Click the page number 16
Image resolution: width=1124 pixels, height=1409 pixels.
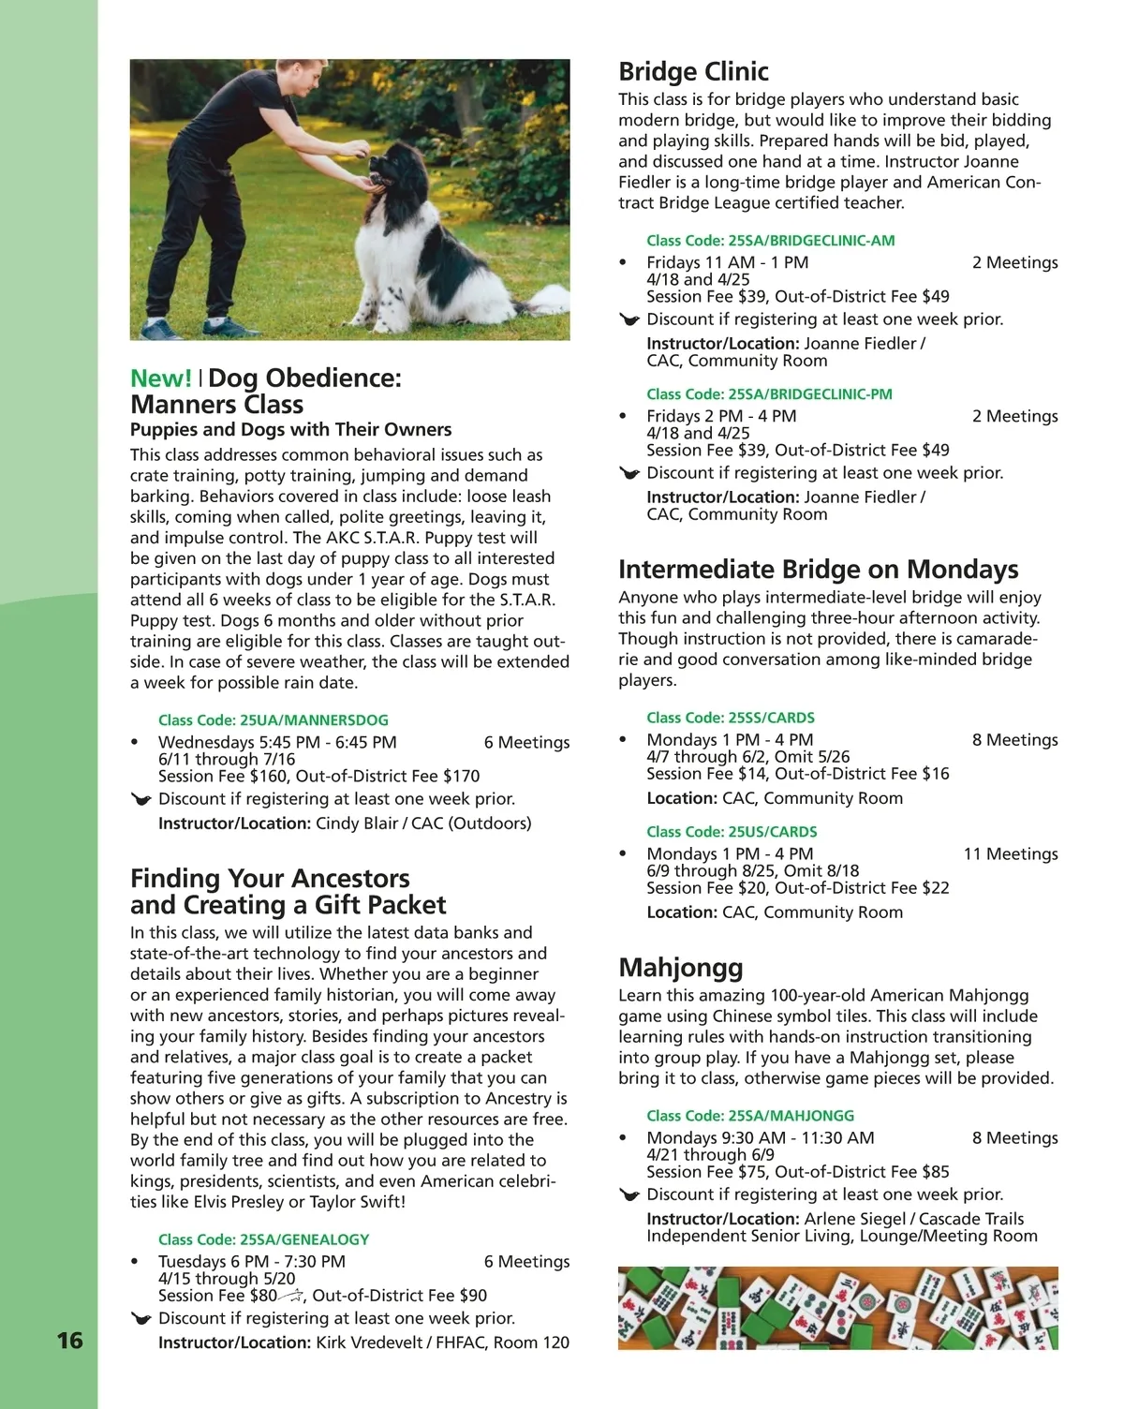coord(70,1341)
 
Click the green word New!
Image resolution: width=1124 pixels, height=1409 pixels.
coord(161,378)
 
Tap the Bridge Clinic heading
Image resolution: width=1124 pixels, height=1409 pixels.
coord(693,72)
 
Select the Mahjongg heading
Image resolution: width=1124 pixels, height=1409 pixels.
coord(681,968)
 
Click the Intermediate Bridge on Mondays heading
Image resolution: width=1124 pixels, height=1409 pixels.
coord(818,570)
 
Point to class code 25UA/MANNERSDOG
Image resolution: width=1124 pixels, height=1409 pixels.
coord(273,720)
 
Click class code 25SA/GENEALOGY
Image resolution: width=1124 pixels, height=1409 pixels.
coord(263,1239)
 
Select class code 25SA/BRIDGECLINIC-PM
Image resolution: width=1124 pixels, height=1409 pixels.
coord(769,394)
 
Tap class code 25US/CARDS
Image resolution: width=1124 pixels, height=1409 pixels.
coord(732,832)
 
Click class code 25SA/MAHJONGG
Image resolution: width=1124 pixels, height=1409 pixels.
coord(750,1116)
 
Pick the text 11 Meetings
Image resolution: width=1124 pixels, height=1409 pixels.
coord(1011,854)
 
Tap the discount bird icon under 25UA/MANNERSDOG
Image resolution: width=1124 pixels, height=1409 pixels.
coord(141,800)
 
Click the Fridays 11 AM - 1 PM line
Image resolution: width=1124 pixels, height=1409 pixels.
coord(727,263)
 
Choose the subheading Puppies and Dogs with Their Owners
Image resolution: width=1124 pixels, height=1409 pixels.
coord(290,430)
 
